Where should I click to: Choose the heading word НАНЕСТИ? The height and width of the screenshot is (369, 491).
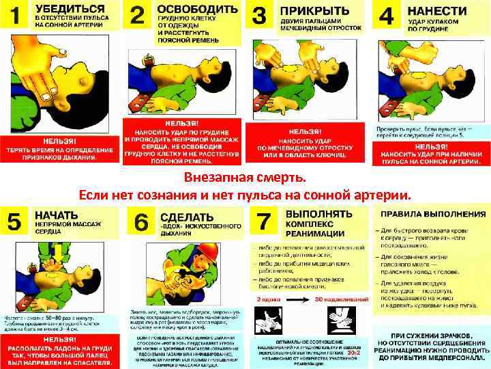[437, 12]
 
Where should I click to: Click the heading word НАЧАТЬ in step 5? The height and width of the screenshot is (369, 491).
[58, 214]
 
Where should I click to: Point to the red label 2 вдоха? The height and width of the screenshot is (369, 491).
[269, 299]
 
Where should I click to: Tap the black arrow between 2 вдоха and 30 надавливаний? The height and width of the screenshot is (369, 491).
[297, 299]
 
